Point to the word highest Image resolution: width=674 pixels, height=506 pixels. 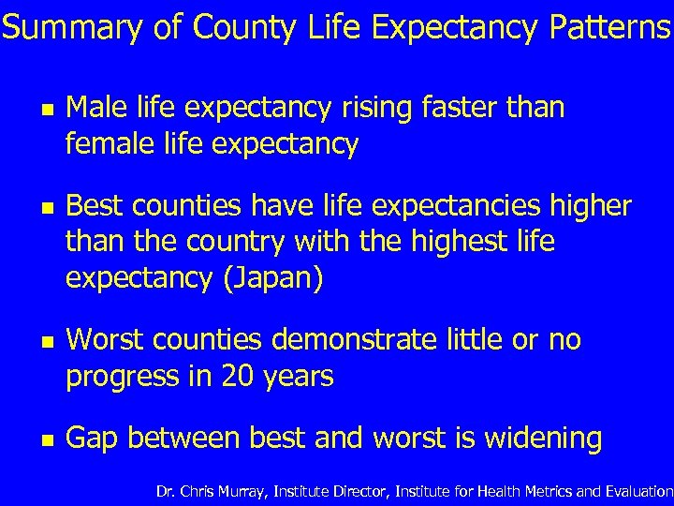(x=451, y=242)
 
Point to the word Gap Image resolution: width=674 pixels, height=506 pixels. (x=93, y=439)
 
